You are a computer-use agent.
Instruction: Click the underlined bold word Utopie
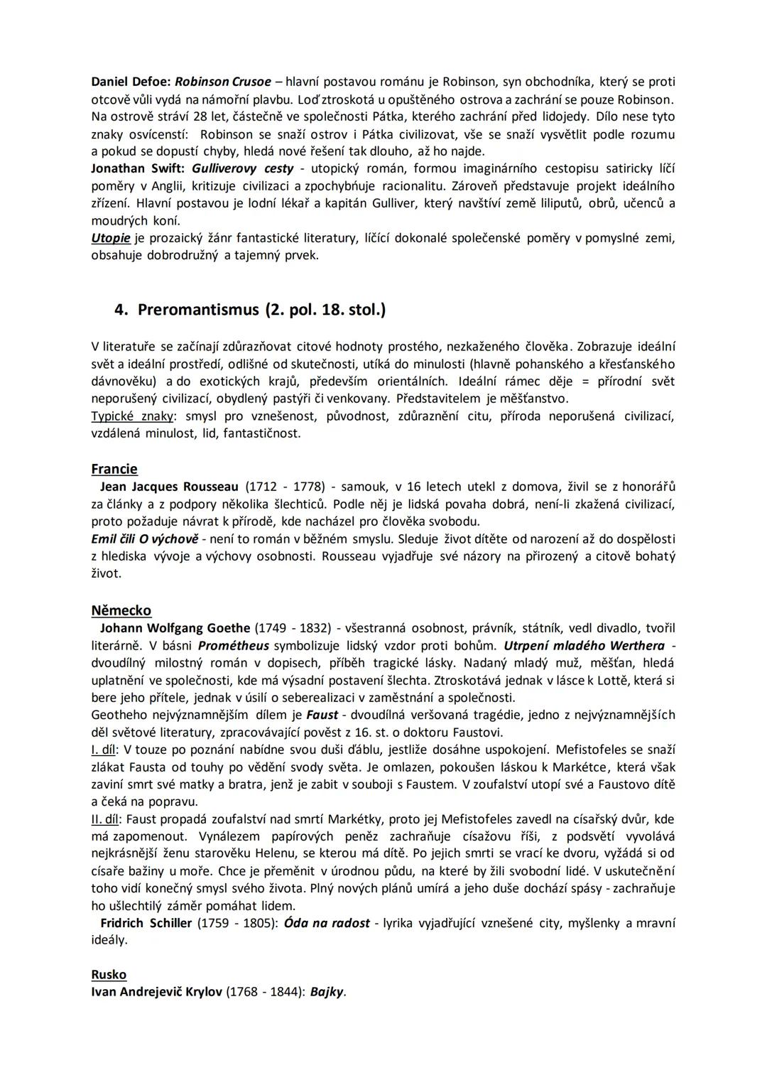pyautogui.click(x=111, y=238)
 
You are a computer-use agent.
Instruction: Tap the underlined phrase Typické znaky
pyautogui.click(x=132, y=416)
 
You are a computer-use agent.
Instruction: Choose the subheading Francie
pyautogui.click(x=114, y=469)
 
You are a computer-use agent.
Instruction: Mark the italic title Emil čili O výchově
pyautogui.click(x=145, y=539)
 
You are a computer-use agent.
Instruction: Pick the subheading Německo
pyautogui.click(x=121, y=610)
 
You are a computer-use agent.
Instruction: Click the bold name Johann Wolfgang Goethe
pyautogui.click(x=175, y=628)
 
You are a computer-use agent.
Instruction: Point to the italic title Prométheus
pyautogui.click(x=234, y=646)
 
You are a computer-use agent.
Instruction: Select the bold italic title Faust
pyautogui.click(x=322, y=715)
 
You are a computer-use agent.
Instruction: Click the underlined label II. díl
pyautogui.click(x=107, y=819)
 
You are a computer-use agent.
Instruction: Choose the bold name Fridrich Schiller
pyautogui.click(x=146, y=923)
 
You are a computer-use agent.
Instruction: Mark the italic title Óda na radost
pyautogui.click(x=327, y=923)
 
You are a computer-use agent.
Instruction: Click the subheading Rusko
pyautogui.click(x=109, y=975)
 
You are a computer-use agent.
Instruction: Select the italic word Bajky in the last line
pyautogui.click(x=327, y=992)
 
